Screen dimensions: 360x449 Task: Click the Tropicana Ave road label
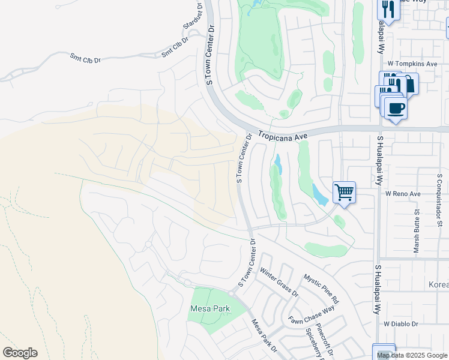tap(283, 136)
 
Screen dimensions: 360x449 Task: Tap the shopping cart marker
tap(344, 193)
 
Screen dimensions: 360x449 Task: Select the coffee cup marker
tap(395, 109)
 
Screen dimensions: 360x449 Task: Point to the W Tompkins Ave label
tap(412, 63)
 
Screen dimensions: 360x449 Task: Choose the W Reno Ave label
tap(403, 194)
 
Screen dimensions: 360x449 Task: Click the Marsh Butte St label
tap(417, 231)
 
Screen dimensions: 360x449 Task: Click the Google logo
tap(20, 353)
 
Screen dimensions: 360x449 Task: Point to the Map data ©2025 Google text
tap(412, 355)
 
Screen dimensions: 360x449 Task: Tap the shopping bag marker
tap(409, 85)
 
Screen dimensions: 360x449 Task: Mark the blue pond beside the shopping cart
tap(319, 194)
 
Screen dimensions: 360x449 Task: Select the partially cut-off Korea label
tap(438, 284)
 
